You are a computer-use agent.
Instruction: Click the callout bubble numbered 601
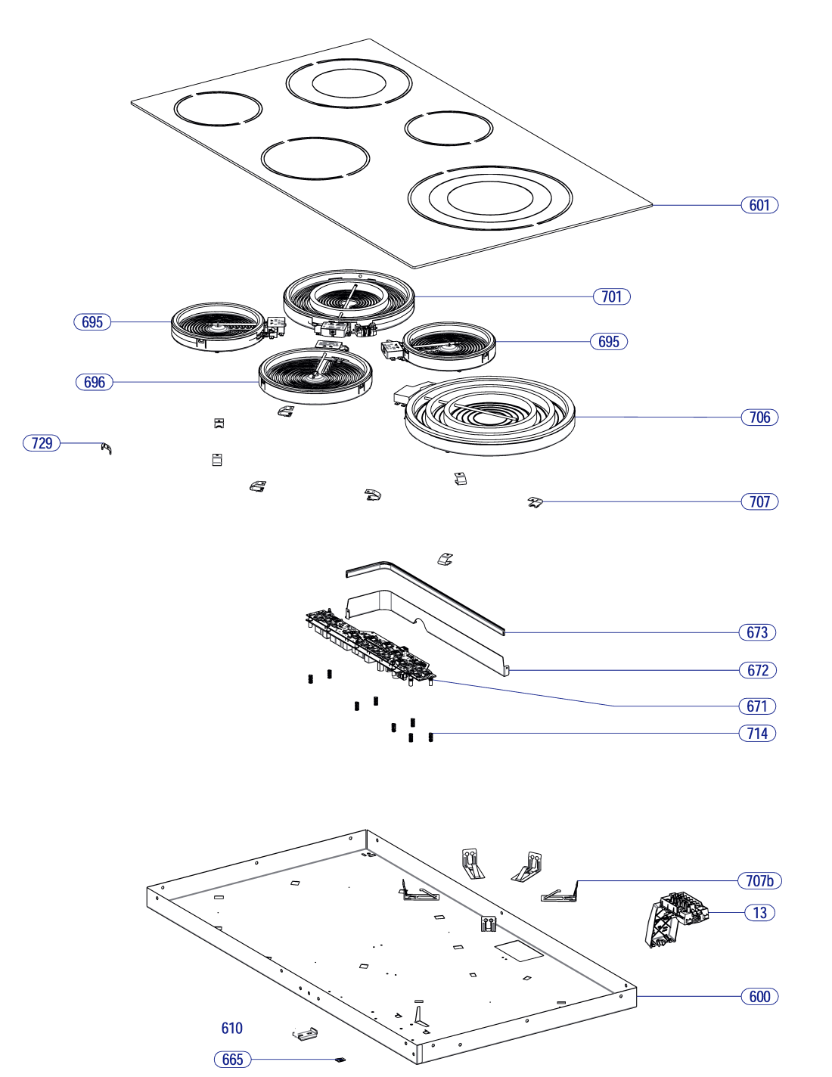759,205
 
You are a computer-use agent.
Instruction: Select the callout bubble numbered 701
611,296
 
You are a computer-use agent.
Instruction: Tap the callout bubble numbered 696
94,382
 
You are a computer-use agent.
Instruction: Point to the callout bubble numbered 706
759,417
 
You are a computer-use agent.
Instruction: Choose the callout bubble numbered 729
42,442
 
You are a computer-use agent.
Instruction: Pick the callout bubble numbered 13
759,912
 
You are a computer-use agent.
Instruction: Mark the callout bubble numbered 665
232,1059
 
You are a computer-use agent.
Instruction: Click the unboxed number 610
232,1028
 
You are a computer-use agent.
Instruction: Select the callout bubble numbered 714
756,733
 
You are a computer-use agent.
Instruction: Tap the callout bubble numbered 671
756,706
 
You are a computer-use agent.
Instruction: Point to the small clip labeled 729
106,448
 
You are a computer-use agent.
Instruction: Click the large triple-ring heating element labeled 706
490,415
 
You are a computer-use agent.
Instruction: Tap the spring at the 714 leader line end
430,737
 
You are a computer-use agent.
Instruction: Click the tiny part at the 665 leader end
340,1060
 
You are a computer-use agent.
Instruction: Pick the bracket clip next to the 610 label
305,1034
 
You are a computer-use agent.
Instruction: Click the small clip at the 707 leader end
535,502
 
